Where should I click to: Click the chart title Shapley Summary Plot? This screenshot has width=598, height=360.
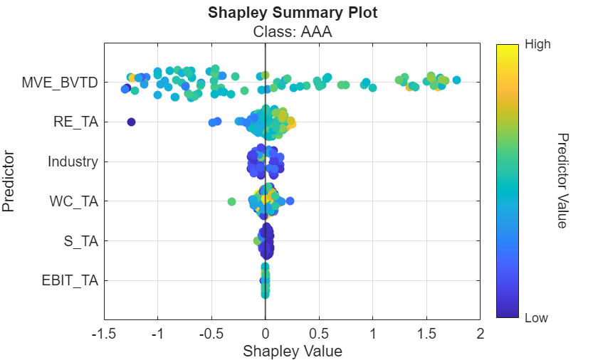[x=293, y=14]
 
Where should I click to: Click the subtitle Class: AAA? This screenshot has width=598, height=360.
[x=293, y=31]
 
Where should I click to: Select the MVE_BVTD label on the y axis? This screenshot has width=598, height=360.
[x=60, y=83]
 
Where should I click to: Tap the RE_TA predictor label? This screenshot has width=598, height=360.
[x=75, y=122]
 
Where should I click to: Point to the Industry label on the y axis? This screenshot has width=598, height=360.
[x=73, y=162]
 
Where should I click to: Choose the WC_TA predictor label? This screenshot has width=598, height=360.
[x=74, y=201]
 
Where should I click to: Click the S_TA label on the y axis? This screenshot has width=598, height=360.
[x=80, y=240]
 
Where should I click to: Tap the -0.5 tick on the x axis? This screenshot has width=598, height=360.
[x=211, y=334]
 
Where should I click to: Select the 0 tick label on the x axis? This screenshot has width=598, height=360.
[x=266, y=334]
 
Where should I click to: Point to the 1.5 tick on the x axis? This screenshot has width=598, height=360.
[x=426, y=334]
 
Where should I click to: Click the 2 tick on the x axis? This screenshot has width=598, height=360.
[x=481, y=334]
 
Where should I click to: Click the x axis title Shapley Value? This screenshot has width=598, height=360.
[x=293, y=351]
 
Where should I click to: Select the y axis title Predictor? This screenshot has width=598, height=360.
[x=9, y=181]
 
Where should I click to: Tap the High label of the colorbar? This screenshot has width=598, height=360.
[x=537, y=44]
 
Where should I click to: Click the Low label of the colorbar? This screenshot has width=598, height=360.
[x=536, y=318]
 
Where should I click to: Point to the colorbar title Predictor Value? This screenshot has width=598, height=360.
[x=561, y=181]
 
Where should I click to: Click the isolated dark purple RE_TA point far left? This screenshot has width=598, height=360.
[x=131, y=122]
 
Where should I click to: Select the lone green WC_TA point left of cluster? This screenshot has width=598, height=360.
[x=231, y=201]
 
